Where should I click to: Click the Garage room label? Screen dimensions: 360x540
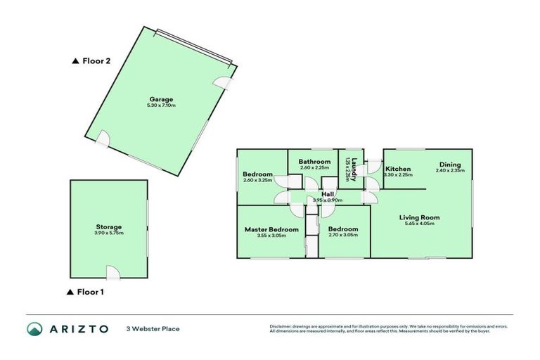pos(160,99)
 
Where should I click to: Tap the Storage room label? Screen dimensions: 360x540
pos(109,226)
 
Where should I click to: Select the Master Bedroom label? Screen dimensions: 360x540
pos(271,229)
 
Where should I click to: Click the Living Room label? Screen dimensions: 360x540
pos(420,217)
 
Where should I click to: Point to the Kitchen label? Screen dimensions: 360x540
pos(398,169)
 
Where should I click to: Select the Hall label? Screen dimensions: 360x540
pos(328,194)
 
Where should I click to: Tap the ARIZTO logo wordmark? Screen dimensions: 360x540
pos(78,328)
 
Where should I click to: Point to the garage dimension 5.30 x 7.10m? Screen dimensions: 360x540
pos(160,105)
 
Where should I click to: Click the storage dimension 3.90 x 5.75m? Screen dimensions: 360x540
pos(109,233)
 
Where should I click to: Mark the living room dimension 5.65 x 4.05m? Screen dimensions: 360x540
pos(420,224)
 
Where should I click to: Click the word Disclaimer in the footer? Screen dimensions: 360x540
pos(281,326)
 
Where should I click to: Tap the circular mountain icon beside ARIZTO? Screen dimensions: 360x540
pos(34,328)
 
